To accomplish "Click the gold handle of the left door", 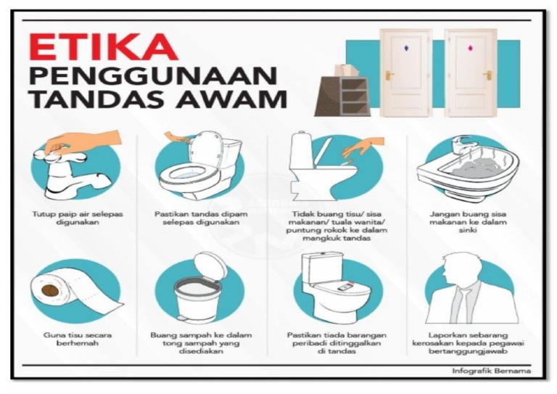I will coord(389,75).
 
